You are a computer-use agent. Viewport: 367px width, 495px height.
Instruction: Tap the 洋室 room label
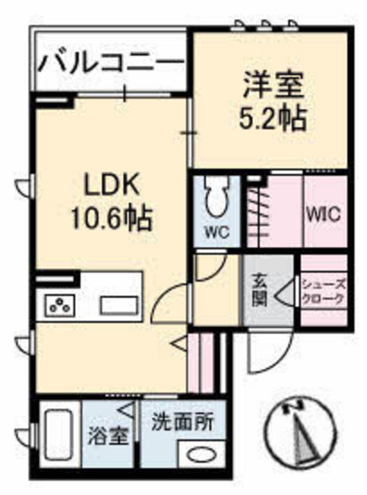274,86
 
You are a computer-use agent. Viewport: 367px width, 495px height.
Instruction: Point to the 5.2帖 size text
274,118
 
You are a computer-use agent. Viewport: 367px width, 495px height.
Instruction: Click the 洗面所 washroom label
181,423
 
